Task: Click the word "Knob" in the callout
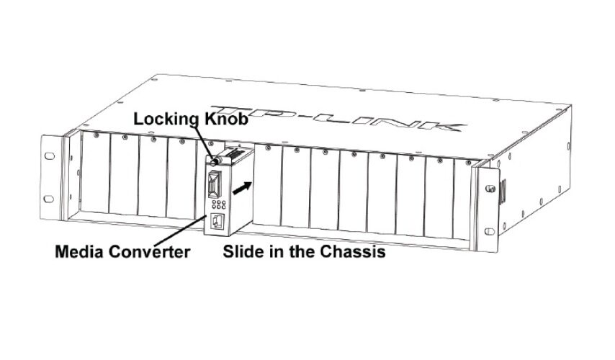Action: tap(226, 118)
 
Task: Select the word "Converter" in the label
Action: tap(150, 252)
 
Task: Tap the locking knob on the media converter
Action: tap(215, 161)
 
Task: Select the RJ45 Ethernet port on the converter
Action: tap(217, 221)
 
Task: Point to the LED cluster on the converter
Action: tap(218, 204)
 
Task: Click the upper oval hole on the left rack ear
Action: tap(50, 156)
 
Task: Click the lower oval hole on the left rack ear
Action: tap(49, 199)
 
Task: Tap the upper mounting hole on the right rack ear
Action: tap(490, 189)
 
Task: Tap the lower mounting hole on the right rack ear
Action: tap(490, 231)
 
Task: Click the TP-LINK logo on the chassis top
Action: tap(338, 117)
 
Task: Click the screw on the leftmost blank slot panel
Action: tap(96, 135)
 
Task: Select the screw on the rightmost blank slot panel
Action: tap(468, 162)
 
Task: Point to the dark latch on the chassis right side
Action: tap(503, 192)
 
